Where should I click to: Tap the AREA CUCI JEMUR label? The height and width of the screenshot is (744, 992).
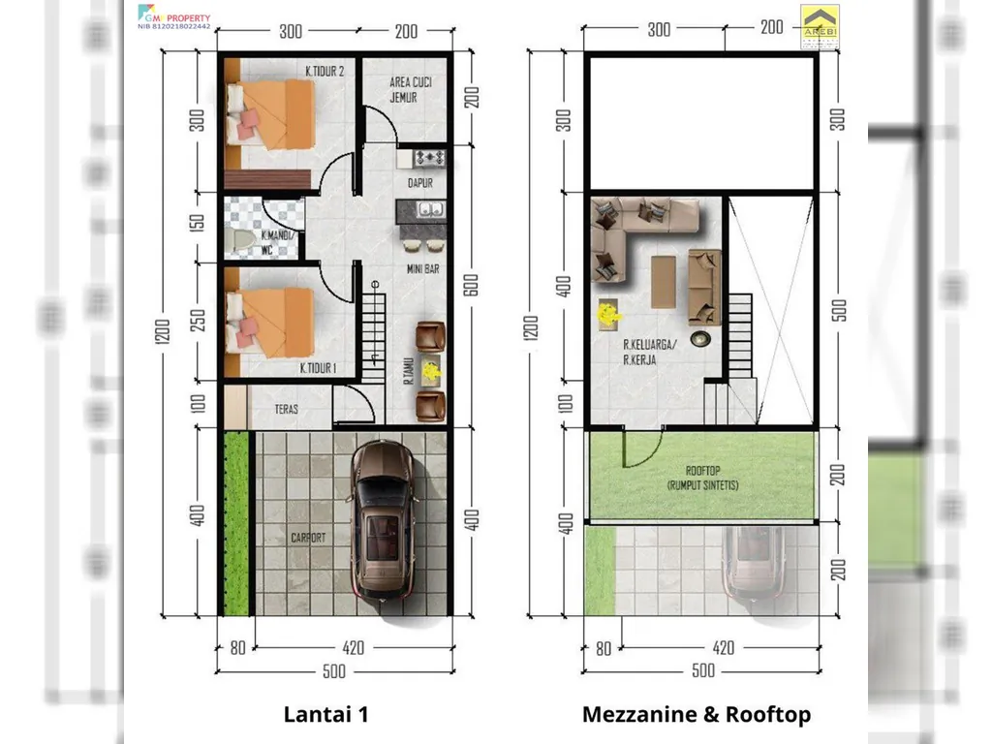click(411, 90)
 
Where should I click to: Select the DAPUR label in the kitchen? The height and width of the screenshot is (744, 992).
click(419, 182)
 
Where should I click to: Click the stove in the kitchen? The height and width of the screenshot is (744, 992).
click(428, 156)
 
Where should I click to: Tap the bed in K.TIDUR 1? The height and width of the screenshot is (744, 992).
click(271, 321)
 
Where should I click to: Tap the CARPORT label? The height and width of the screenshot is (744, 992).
click(307, 536)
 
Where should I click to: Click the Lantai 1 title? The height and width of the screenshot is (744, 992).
click(325, 715)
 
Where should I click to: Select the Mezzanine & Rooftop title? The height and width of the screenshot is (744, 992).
click(696, 715)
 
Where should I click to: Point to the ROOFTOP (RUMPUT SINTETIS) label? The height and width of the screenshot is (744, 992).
click(702, 477)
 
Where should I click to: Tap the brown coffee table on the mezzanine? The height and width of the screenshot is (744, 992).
click(665, 280)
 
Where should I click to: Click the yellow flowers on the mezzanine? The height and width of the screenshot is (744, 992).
click(608, 314)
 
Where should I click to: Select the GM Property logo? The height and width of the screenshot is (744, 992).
click(174, 16)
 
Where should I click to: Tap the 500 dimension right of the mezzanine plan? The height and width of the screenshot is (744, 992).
click(839, 309)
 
